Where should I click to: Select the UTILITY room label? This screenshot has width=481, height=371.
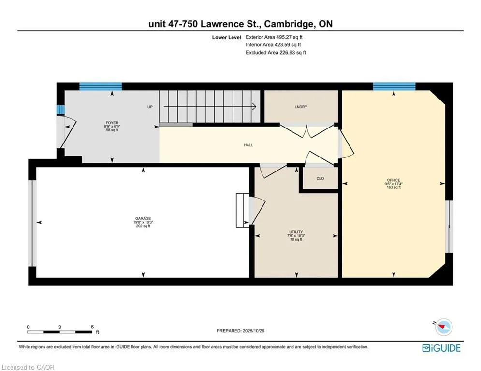[x=296, y=232]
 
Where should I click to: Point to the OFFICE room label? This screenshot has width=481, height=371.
[x=394, y=180]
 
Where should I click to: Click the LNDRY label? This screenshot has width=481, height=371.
[x=301, y=107]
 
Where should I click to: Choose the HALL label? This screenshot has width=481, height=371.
[x=248, y=145]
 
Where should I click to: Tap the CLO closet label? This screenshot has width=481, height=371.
[x=320, y=179]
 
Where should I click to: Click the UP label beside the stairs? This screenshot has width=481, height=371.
[x=150, y=107]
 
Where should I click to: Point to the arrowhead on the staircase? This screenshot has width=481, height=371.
[x=253, y=107]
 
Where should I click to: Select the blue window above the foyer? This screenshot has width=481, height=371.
[x=101, y=87]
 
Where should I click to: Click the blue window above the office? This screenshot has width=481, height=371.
[x=394, y=87]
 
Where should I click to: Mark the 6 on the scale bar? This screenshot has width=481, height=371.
[x=92, y=327]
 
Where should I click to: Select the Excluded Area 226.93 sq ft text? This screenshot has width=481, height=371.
[x=276, y=52]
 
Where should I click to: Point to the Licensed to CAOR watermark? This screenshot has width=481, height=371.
[x=28, y=367]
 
